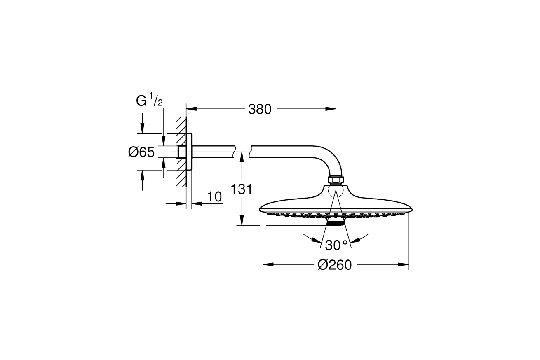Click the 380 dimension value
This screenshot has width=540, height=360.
[x=260, y=110]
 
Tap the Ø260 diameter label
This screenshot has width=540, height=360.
[x=335, y=265]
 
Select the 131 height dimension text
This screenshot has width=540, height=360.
[x=241, y=189]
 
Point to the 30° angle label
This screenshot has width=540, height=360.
[x=336, y=245]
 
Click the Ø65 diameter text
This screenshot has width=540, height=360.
[x=141, y=152]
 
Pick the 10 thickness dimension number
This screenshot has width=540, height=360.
[x=214, y=197]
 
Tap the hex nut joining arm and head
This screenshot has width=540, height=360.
[x=336, y=180]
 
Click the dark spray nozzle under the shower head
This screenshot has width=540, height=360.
[x=336, y=223]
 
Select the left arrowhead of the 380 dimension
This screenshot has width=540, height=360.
[x=191, y=109]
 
